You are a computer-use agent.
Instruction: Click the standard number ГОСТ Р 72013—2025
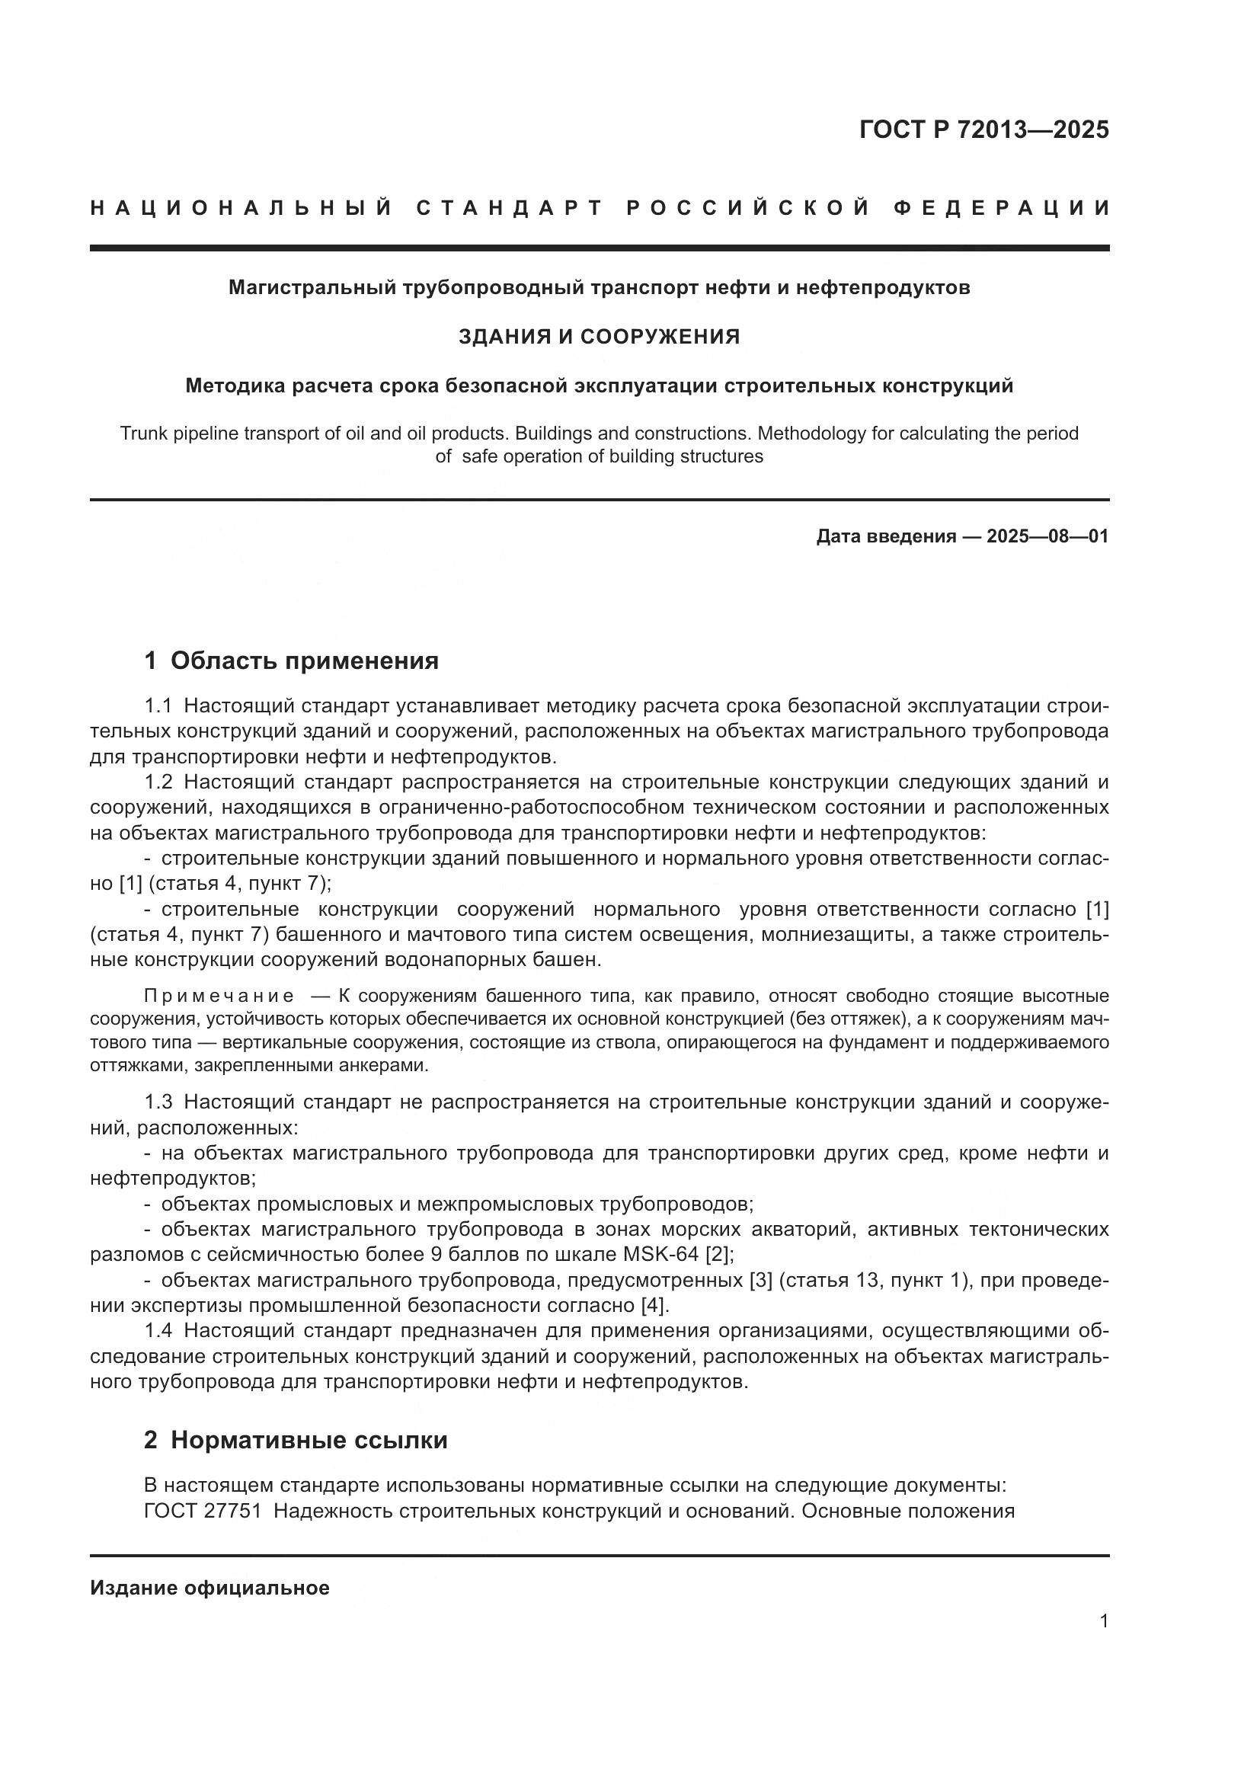pyautogui.click(x=983, y=130)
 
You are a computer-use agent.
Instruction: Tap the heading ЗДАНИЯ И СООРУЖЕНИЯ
pyautogui.click(x=599, y=337)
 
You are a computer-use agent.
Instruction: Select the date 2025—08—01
pyautogui.click(x=1047, y=536)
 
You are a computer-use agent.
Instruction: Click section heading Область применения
pyautogui.click(x=304, y=661)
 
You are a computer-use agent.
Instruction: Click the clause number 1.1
pyautogui.click(x=158, y=706)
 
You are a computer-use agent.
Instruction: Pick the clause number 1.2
pyautogui.click(x=158, y=782)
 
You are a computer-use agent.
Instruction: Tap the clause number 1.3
pyautogui.click(x=158, y=1102)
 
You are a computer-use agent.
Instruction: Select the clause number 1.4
pyautogui.click(x=158, y=1330)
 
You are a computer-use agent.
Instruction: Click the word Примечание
pyautogui.click(x=219, y=996)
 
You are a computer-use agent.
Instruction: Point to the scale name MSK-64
pyautogui.click(x=660, y=1254)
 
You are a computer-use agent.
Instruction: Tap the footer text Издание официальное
pyautogui.click(x=209, y=1588)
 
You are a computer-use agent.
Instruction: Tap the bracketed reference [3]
pyautogui.click(x=760, y=1280)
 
